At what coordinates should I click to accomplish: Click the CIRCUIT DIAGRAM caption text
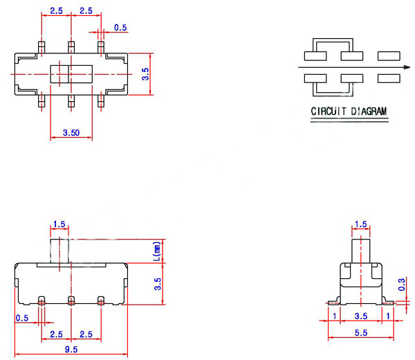tap(349, 111)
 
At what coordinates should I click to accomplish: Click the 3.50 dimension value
tap(71, 131)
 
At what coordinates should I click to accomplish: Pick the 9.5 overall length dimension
tap(71, 349)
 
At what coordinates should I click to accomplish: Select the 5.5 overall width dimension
tap(360, 333)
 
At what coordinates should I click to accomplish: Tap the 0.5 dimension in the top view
tap(120, 28)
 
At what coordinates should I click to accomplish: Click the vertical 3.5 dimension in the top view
tap(145, 73)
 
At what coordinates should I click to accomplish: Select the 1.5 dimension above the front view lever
tap(59, 224)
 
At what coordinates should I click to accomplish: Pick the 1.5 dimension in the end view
tap(360, 224)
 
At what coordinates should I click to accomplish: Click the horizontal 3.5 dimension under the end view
tap(360, 316)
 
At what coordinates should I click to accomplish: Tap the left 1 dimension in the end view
tap(335, 316)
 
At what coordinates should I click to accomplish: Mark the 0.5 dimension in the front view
tap(22, 318)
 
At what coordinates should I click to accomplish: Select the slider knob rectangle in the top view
tap(71, 73)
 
